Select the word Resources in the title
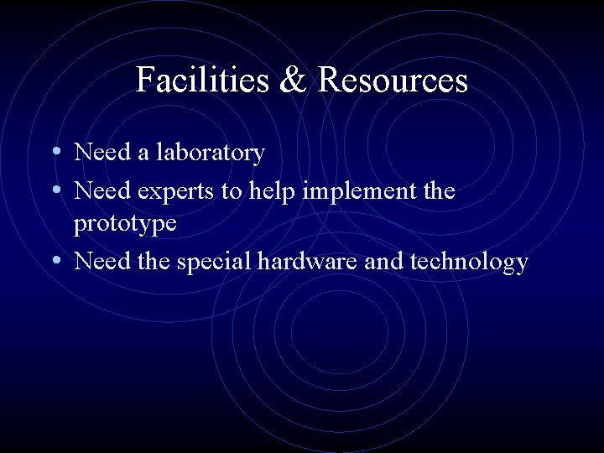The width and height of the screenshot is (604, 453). point(393,81)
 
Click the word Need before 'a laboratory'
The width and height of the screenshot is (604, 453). point(102,153)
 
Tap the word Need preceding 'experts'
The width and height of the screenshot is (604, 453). point(102,191)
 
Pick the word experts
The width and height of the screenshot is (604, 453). point(175,193)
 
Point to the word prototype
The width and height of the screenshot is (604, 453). point(126,225)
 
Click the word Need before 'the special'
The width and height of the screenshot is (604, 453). point(102,261)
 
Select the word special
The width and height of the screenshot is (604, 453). point(213,263)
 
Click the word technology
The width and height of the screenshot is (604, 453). point(469,263)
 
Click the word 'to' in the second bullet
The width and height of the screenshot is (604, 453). point(231,192)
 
